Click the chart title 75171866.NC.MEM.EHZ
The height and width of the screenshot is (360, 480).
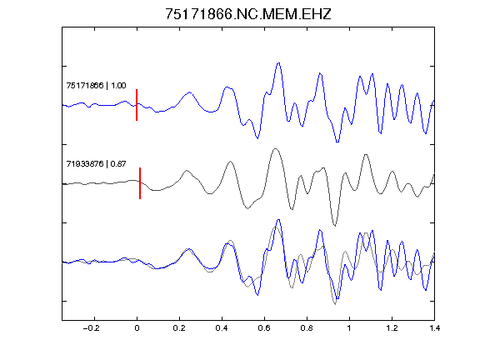point(248,14)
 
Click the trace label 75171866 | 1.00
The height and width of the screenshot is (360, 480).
point(96,85)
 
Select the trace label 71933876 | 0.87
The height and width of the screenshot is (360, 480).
point(96,164)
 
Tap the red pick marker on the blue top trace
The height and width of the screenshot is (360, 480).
point(137,105)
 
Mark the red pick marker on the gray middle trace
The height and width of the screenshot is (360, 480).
point(140,183)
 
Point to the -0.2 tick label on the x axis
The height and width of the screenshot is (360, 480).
point(92,328)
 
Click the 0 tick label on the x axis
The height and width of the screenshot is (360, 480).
point(137,328)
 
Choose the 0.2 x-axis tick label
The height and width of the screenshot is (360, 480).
point(179,328)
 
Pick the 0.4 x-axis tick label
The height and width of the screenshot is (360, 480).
point(222,328)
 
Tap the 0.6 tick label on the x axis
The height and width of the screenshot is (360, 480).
point(264,328)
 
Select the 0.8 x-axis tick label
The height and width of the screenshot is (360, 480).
point(307,328)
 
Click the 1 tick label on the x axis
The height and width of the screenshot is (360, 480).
point(349,328)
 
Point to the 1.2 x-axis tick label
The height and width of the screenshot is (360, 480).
point(392,328)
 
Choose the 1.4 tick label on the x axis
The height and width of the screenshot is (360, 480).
point(434,328)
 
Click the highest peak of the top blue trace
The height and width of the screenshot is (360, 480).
point(278,63)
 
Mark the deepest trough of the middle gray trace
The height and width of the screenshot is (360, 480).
point(335,226)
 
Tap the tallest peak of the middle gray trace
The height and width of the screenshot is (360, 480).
point(276,149)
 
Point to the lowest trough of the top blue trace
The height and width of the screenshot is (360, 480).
point(337,142)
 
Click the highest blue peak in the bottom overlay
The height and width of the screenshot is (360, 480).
point(278,220)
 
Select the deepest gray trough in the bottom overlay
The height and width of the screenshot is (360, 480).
point(335,304)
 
